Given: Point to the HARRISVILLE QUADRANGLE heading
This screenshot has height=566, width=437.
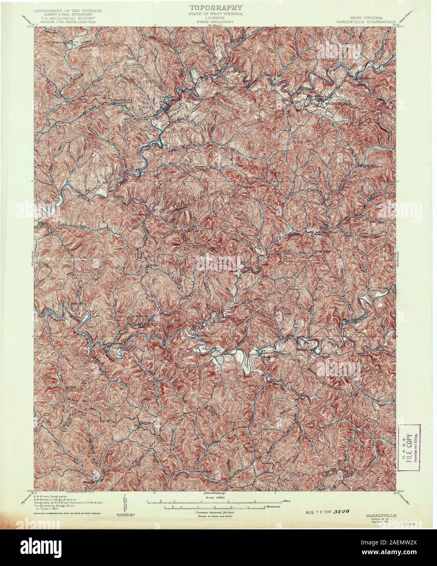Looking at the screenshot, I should [363, 22].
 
